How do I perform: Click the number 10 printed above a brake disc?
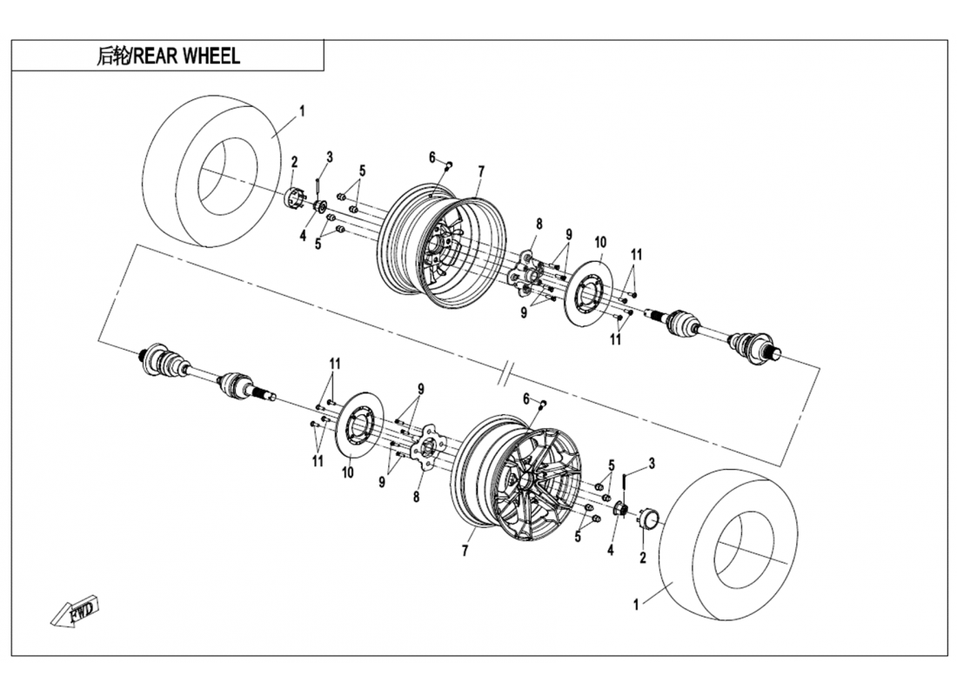coord(599,242)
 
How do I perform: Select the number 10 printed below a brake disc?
coord(348,472)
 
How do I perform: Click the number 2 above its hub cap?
coord(294,162)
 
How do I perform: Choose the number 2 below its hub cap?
coord(643,558)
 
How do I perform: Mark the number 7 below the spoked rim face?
coord(465,551)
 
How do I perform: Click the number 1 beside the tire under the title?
coord(302,110)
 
